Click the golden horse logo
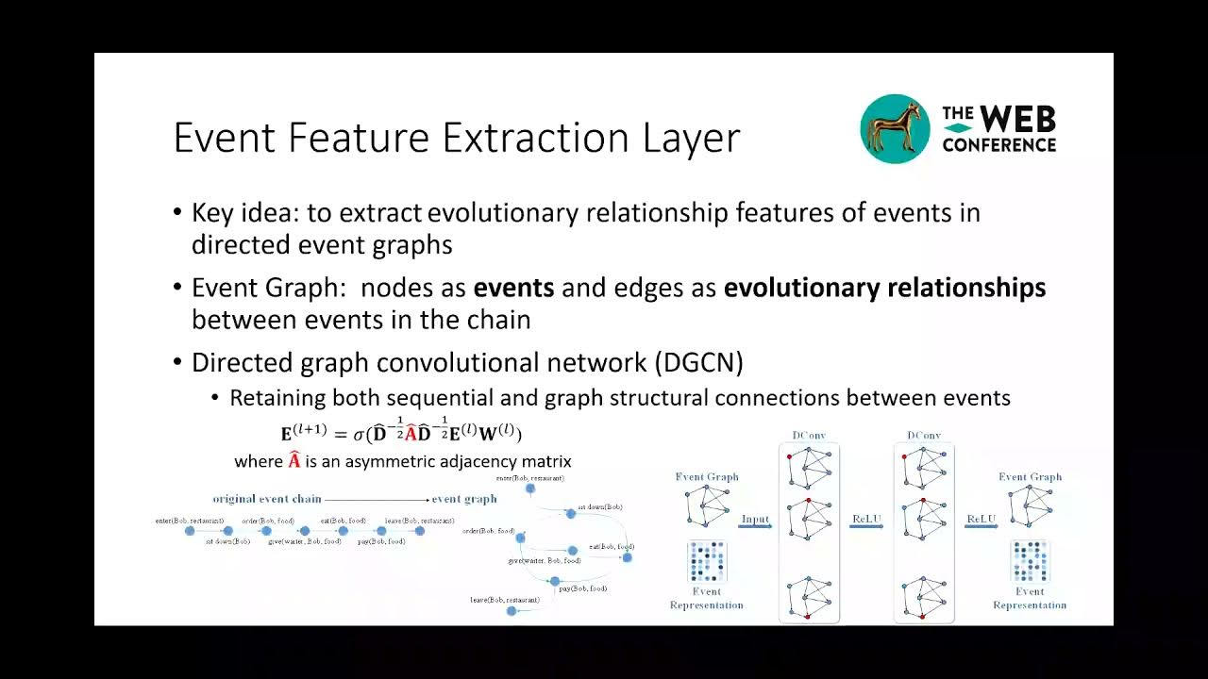pyautogui.click(x=894, y=130)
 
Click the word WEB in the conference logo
pyautogui.click(x=1017, y=120)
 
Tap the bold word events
pyautogui.click(x=513, y=288)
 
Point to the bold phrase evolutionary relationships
pyautogui.click(x=884, y=288)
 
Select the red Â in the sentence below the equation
pyautogui.click(x=294, y=461)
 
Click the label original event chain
pyautogui.click(x=267, y=498)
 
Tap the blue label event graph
pyautogui.click(x=463, y=498)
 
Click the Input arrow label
pyautogui.click(x=755, y=520)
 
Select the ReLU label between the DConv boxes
pyautogui.click(x=867, y=520)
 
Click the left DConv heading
pyautogui.click(x=809, y=436)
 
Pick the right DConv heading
pyautogui.click(x=924, y=436)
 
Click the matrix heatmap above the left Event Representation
pyautogui.click(x=707, y=561)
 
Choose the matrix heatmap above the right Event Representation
pyautogui.click(x=1030, y=561)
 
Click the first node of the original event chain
pyautogui.click(x=190, y=531)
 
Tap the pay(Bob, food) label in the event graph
pyautogui.click(x=582, y=588)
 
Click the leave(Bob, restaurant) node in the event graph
pyautogui.click(x=512, y=611)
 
